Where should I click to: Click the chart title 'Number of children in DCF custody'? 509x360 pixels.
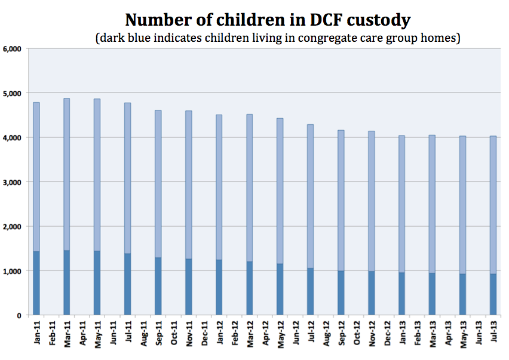268,20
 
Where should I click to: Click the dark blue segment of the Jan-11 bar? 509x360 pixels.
36,284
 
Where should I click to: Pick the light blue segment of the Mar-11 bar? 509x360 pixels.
67,173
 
